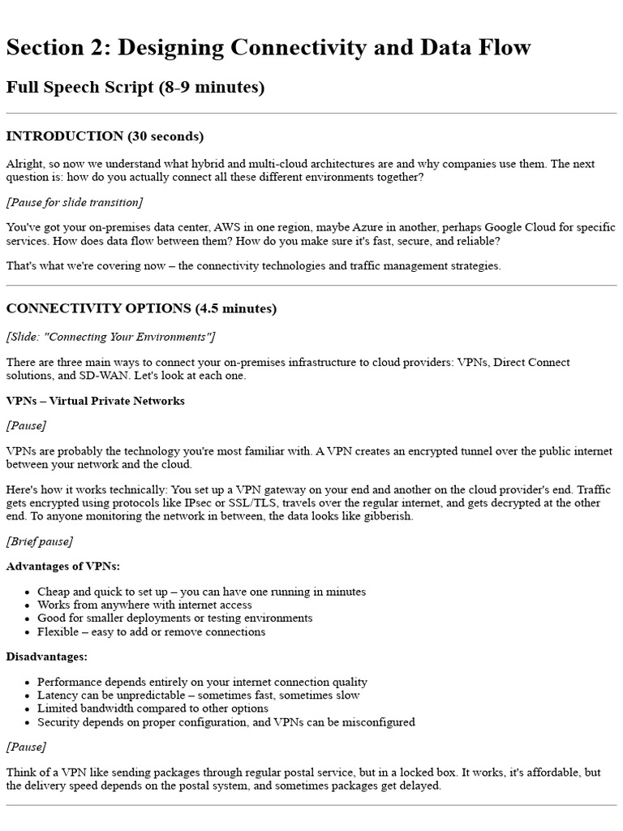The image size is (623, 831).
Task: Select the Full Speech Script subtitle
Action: click(x=135, y=87)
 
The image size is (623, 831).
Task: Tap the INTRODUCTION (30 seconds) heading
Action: click(x=105, y=136)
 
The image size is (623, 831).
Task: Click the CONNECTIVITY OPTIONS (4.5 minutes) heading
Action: click(x=141, y=308)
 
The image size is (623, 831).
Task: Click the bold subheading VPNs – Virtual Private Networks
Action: click(x=95, y=401)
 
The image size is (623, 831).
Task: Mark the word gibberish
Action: click(x=385, y=516)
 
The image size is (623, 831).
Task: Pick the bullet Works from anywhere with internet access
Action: click(x=144, y=605)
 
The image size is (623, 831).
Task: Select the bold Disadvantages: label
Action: click(x=47, y=656)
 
